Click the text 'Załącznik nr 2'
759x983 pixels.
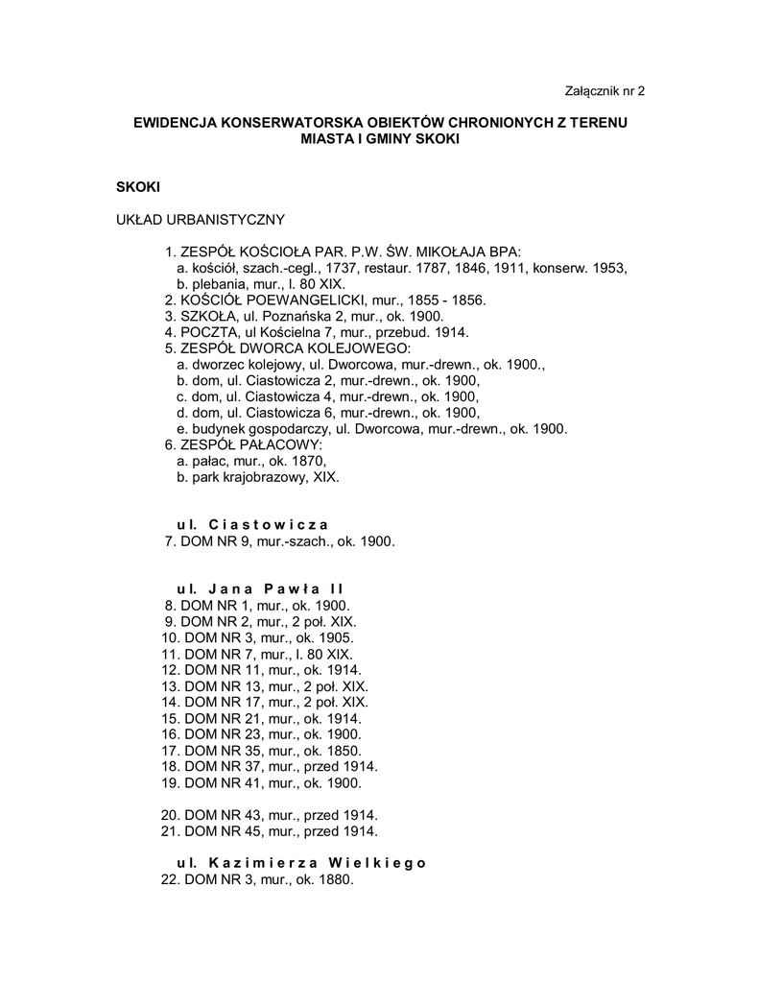coord(604,92)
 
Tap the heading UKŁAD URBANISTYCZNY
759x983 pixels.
coord(200,221)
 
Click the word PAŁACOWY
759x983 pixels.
coord(277,444)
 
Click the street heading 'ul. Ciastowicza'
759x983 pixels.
coord(252,524)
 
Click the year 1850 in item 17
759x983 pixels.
coord(344,751)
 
